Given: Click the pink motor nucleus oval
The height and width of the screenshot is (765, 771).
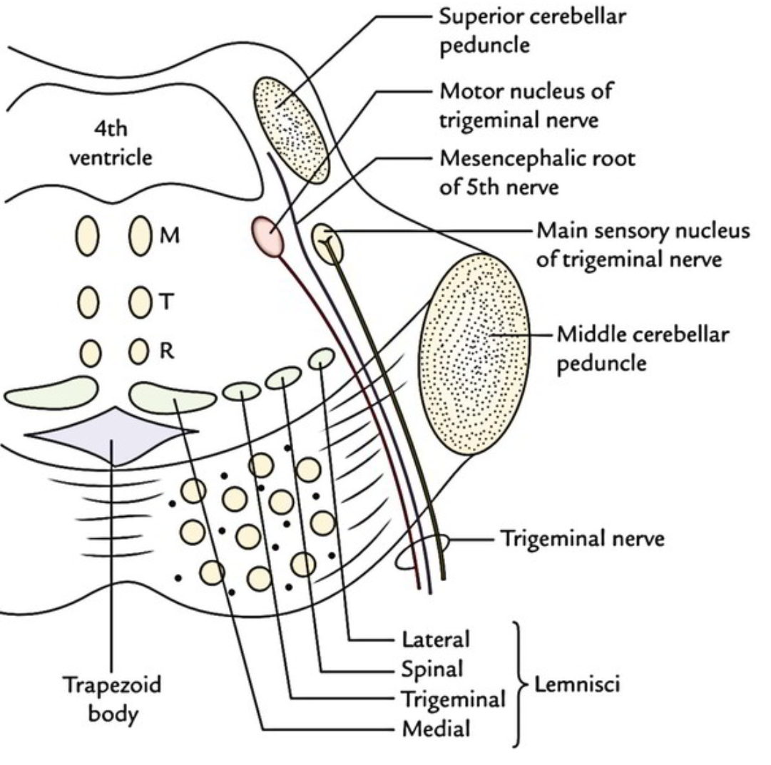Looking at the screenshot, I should coord(267,235).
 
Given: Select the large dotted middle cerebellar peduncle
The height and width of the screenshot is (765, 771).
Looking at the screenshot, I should coord(475,355).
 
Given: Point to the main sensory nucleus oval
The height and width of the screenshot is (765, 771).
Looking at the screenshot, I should coord(328,242).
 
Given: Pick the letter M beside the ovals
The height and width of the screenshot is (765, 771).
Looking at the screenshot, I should coord(169,235).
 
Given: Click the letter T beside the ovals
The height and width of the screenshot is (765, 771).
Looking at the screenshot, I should coord(165,302).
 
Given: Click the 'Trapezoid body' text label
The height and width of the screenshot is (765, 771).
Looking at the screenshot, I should coord(113,699).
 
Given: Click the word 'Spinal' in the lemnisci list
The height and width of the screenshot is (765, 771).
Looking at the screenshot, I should coord(433,669).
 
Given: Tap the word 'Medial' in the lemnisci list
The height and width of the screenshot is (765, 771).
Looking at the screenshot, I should coord(436,729).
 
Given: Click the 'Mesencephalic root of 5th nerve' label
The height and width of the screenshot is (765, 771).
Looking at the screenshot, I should coord(536,171).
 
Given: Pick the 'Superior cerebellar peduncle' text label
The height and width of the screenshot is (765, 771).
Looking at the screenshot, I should coord(533,30).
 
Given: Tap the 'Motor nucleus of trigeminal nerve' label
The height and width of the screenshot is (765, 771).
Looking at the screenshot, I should coord(525,106).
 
